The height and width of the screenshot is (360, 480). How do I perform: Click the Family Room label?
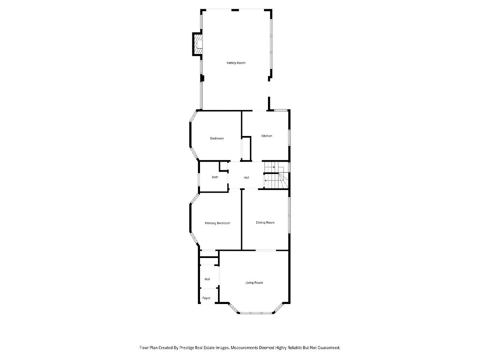[x=236, y=63]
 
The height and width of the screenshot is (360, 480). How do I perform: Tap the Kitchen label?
[x=266, y=136]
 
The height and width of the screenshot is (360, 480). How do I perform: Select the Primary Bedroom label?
[x=217, y=223]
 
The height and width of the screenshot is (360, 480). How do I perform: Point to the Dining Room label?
[x=265, y=222]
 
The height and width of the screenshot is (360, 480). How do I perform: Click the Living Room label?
[x=254, y=283]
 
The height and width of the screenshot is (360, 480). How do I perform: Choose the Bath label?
[x=215, y=177]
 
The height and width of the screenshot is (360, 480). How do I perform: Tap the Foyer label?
[x=206, y=298]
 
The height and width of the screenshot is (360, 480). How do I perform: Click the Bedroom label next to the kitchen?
[x=217, y=138]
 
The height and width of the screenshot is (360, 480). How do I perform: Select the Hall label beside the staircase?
[x=246, y=178]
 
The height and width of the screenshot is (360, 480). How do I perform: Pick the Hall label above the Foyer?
[x=207, y=279]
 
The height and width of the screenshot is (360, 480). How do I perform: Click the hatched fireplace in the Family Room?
[x=198, y=44]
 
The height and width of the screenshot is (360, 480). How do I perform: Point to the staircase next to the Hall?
[x=276, y=175]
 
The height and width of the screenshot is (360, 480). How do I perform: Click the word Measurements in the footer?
[x=244, y=348]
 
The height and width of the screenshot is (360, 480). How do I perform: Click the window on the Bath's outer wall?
[x=199, y=180]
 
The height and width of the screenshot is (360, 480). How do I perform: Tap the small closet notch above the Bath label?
[x=224, y=166]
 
